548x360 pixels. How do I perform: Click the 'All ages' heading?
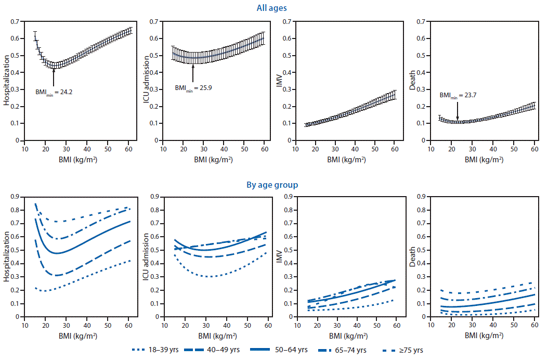coord(271,8)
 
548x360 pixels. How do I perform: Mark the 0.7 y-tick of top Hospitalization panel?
coord(19,21)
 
